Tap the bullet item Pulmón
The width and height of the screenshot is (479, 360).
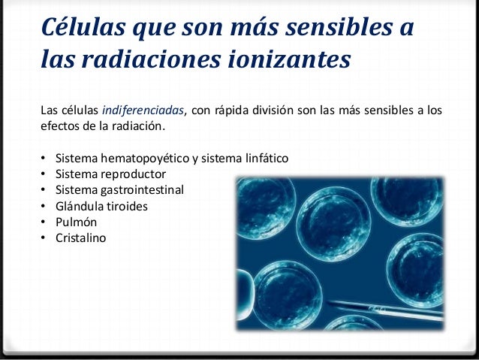[x=76, y=222]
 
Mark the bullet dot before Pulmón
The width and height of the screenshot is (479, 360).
[x=44, y=222]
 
